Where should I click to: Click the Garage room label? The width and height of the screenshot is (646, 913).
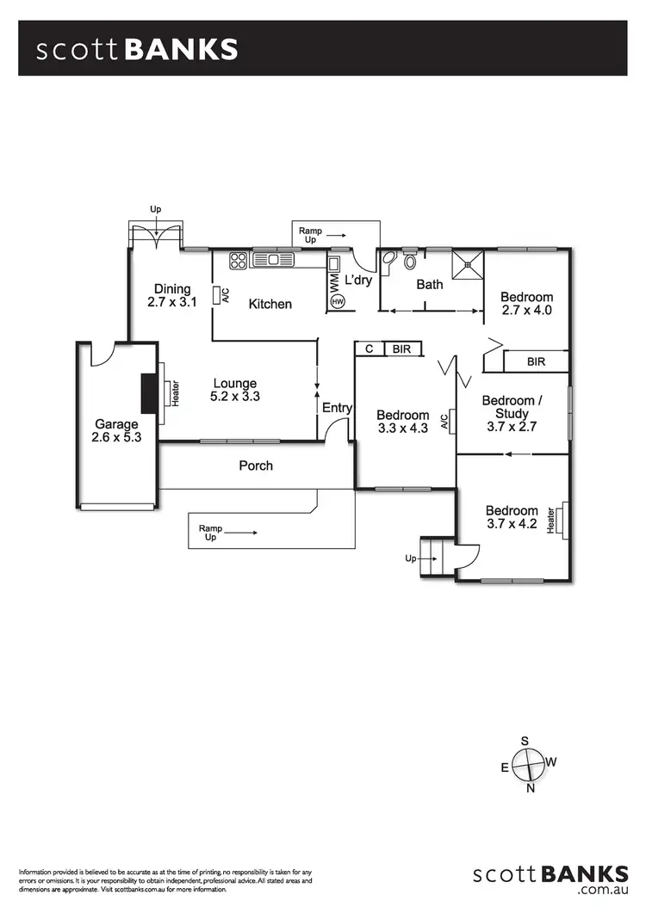click(x=116, y=431)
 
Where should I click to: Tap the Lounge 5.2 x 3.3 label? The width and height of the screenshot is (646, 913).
click(x=235, y=390)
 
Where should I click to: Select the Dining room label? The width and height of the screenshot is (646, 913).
click(x=172, y=295)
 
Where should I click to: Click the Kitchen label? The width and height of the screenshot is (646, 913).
click(x=270, y=304)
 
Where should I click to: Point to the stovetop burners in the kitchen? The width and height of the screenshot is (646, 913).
click(x=238, y=260)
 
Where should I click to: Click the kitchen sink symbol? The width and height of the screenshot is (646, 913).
click(x=273, y=259)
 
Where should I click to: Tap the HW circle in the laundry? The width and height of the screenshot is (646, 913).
click(x=337, y=302)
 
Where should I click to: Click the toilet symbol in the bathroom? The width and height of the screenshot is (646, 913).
click(x=411, y=260)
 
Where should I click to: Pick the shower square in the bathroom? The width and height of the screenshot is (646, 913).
click(x=469, y=265)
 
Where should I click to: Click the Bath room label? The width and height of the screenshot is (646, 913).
click(x=430, y=285)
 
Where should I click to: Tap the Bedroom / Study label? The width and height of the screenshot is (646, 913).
click(x=512, y=407)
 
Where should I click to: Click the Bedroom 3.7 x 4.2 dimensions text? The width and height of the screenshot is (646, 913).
click(x=512, y=523)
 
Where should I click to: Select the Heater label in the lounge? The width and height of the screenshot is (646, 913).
click(x=175, y=393)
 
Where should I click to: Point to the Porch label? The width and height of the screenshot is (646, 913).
click(x=256, y=466)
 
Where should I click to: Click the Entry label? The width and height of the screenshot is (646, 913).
click(x=337, y=408)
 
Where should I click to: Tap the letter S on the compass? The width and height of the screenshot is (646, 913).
click(x=525, y=741)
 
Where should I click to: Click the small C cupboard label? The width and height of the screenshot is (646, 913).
click(x=369, y=349)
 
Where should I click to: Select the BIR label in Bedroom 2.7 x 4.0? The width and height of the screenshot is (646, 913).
click(x=537, y=361)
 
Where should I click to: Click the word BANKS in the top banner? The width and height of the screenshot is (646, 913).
click(x=182, y=50)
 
